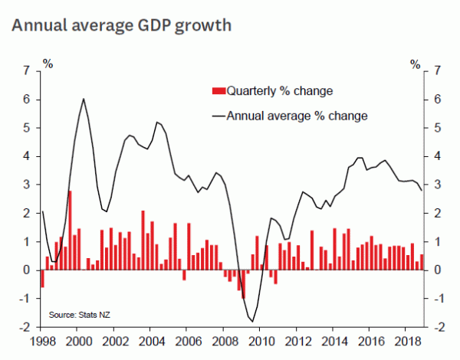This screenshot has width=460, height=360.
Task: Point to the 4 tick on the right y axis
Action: point(436,156)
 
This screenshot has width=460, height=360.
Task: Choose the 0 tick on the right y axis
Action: point(436,270)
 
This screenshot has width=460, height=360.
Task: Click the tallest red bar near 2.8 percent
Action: point(70,230)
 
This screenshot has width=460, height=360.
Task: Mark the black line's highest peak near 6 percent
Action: point(83,99)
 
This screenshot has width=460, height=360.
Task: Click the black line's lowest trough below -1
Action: point(252,321)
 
